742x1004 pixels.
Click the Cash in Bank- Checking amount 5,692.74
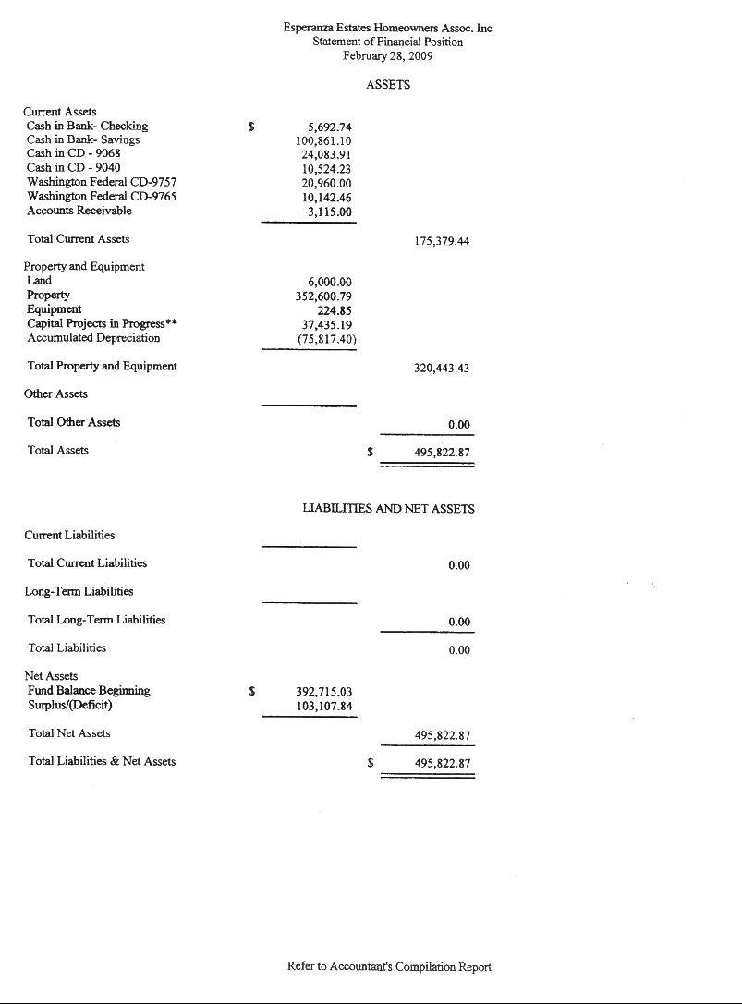pyautogui.click(x=329, y=127)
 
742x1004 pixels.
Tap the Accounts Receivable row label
pyautogui.click(x=79, y=211)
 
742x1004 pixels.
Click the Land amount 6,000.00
pyautogui.click(x=329, y=282)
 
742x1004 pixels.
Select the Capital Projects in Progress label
pyautogui.click(x=102, y=323)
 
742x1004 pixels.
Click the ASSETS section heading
pyautogui.click(x=388, y=85)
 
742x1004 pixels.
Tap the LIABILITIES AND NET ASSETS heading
pyautogui.click(x=389, y=509)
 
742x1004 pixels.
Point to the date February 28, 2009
pyautogui.click(x=388, y=55)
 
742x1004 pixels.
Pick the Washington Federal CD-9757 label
pyautogui.click(x=102, y=182)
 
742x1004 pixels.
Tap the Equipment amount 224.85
pyautogui.click(x=335, y=310)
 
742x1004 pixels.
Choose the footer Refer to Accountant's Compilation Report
pyautogui.click(x=389, y=967)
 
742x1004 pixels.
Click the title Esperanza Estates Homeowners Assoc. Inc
pyautogui.click(x=388, y=29)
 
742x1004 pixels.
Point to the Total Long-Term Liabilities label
pyautogui.click(x=97, y=620)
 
